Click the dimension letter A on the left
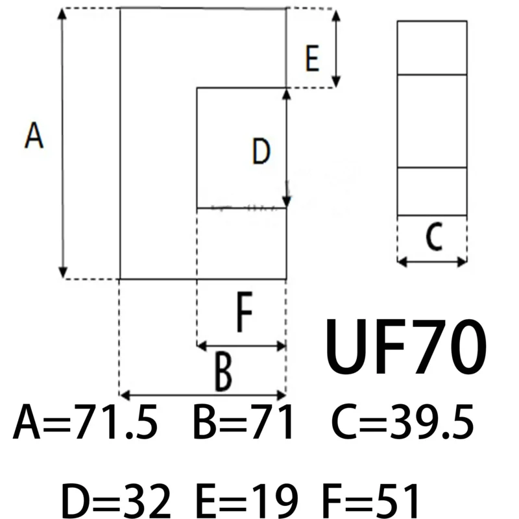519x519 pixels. [34, 137]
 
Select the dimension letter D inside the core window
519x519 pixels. [261, 153]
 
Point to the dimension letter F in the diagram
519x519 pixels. [243, 313]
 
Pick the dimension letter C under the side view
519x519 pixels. [433, 238]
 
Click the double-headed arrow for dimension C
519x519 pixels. [432, 261]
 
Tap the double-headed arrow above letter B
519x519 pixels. [203, 394]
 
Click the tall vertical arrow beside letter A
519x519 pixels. [63, 143]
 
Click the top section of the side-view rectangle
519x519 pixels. [432, 48]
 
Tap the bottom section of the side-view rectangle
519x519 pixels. [432, 191]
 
